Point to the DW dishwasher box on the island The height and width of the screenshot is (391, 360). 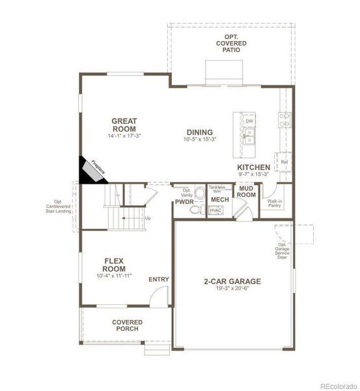pos(249,121)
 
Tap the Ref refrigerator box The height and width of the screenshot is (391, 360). pos(284,160)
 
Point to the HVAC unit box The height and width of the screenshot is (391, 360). pos(215,210)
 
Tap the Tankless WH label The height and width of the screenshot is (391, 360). pos(216,190)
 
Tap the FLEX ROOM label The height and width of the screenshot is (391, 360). pos(114,265)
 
